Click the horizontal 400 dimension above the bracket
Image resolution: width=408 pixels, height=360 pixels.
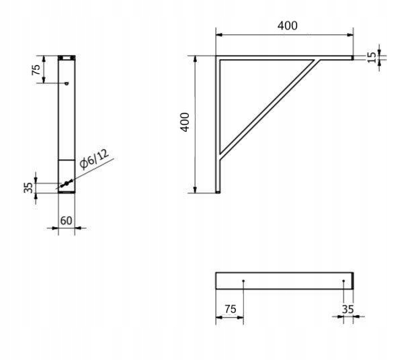[287, 26]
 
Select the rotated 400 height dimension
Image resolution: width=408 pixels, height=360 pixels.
[186, 122]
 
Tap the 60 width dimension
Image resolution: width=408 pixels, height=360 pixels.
[66, 220]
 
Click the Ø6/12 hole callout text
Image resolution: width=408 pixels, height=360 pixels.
[93, 159]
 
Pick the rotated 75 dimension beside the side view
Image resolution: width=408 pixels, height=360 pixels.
[37, 69]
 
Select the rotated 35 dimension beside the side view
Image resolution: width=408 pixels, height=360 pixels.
[29, 187]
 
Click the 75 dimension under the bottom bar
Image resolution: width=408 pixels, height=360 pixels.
[230, 309]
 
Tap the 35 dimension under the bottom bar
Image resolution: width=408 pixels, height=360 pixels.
[348, 309]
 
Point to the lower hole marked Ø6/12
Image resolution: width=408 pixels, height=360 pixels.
[66, 183]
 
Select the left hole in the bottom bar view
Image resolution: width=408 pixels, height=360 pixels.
[243, 281]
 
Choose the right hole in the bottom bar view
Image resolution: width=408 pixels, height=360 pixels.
[343, 281]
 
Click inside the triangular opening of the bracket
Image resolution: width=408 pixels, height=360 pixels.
[249, 94]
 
